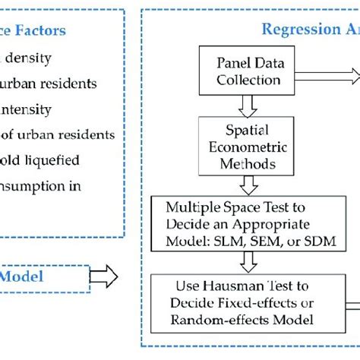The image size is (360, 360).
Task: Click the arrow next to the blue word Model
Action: [x=104, y=276]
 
